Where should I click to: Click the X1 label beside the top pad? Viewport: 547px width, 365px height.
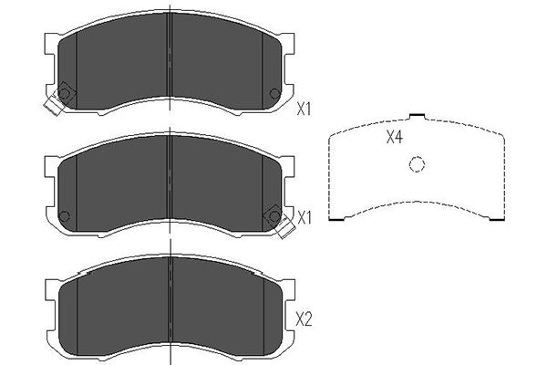point(304,109)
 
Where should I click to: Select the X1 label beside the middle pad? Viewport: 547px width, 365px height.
point(304,218)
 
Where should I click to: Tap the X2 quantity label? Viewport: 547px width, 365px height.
point(304,319)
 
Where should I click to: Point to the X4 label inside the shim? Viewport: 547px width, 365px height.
point(395,137)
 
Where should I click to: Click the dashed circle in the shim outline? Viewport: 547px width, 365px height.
point(417,164)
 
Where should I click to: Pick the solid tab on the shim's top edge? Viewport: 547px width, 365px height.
point(417,115)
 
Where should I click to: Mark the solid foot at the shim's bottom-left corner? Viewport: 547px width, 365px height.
point(337,219)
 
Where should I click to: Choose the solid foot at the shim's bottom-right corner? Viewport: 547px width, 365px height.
point(497,219)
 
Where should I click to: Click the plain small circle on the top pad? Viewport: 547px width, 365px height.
point(275,93)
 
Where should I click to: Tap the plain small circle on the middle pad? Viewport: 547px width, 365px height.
point(65,216)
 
